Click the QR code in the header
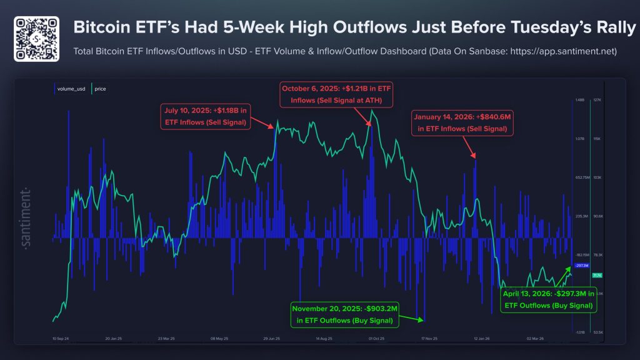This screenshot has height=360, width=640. tap(36, 39)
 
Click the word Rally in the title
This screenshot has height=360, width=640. tap(612, 28)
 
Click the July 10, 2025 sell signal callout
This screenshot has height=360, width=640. tap(205, 117)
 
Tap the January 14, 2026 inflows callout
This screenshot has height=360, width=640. tap(461, 122)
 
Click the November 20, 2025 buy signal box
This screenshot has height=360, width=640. tap(345, 314)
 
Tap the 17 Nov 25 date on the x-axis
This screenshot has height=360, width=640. tap(429, 338)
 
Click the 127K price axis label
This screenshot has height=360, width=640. tap(597, 99)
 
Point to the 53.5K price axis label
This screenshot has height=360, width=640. tap(597, 332)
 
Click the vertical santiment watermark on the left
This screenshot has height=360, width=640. tap(27, 216)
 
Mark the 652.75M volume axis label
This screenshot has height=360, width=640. tap(582, 177)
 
